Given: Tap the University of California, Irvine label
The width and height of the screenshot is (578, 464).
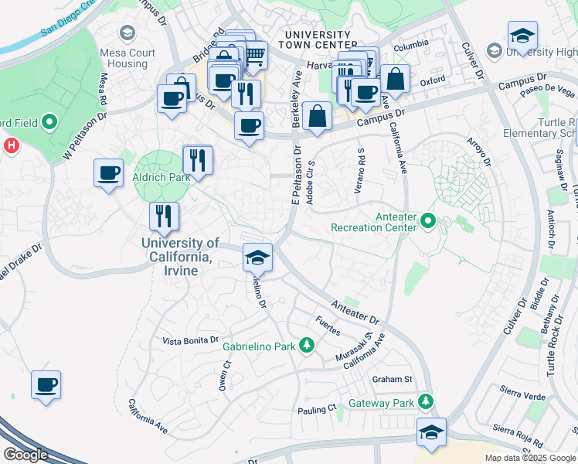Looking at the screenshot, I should [x=180, y=257].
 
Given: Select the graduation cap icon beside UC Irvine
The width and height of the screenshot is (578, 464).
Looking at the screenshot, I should [x=257, y=258].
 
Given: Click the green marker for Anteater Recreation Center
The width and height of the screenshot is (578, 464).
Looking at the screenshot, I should [x=427, y=223].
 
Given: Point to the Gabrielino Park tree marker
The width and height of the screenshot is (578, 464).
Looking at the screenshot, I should [x=307, y=345].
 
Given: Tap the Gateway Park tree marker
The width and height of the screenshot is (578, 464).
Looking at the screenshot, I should [x=424, y=402].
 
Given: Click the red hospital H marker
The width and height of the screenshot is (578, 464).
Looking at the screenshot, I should [x=12, y=145].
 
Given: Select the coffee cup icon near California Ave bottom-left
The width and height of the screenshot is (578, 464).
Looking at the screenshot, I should [x=46, y=384].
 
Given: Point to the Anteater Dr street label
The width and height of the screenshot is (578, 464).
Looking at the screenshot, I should [x=355, y=312].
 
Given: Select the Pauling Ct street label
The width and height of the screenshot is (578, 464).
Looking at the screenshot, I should [x=318, y=408].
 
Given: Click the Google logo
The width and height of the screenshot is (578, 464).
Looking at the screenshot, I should [x=26, y=454].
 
